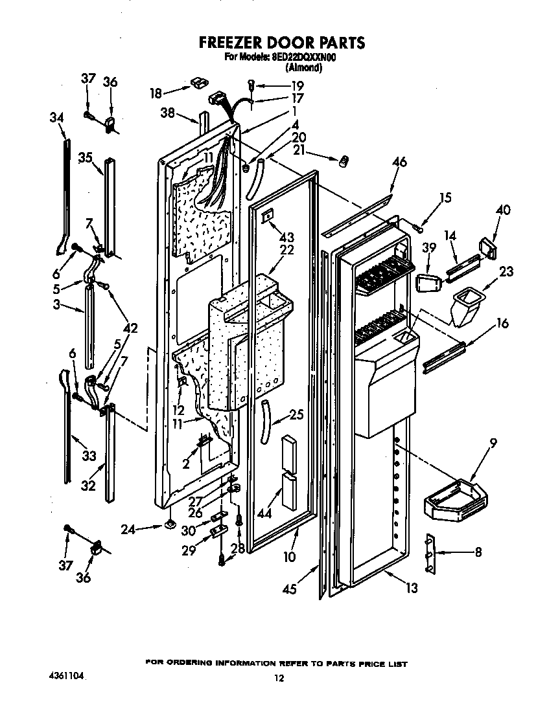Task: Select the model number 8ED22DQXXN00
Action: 305,57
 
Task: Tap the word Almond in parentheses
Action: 303,67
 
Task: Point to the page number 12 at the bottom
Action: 279,678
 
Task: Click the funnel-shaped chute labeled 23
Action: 465,306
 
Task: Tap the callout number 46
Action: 399,163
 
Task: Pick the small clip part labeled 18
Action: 198,84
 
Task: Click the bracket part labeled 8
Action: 431,553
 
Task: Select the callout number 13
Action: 412,588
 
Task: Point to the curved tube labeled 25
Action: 264,421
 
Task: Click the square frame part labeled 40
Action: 486,246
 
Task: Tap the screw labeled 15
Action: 419,227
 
